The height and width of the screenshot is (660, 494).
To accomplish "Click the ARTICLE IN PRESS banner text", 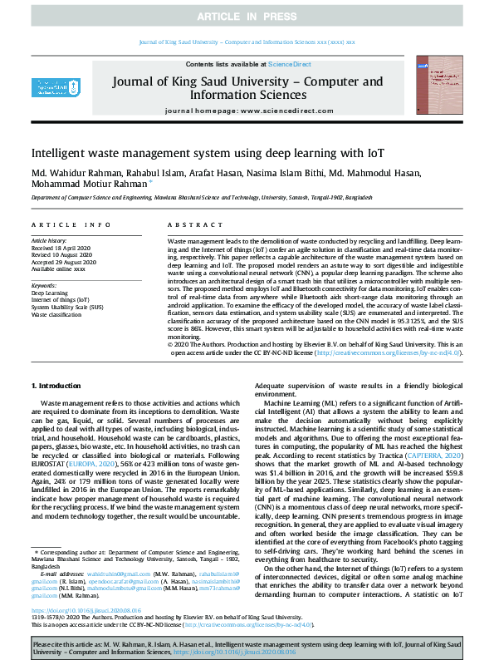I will [x=247, y=17].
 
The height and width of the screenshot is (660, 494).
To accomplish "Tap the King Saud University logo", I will [x=44, y=89].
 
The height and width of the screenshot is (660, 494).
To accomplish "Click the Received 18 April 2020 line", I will [x=62, y=247].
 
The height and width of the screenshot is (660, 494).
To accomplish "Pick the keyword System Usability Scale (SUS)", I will [x=67, y=307].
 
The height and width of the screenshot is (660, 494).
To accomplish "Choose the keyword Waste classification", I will [x=58, y=314].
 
